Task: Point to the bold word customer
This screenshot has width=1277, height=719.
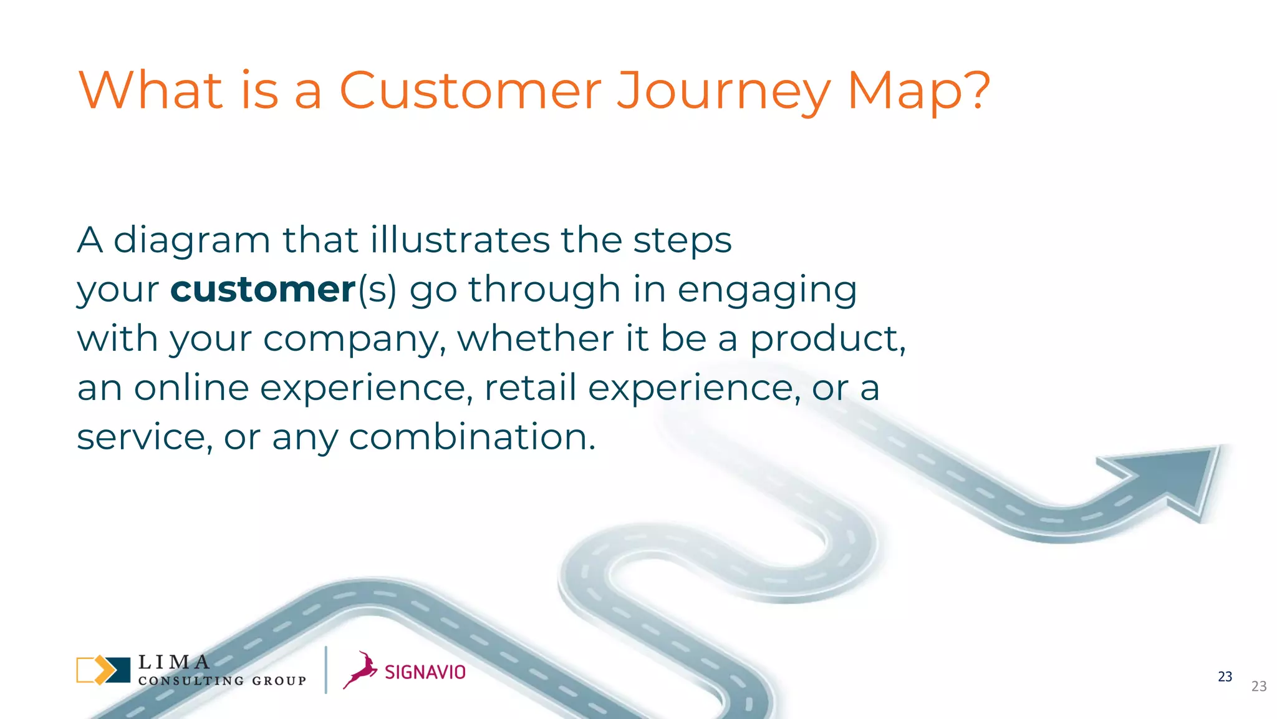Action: point(263,290)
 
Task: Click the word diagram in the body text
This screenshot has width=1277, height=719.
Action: point(192,241)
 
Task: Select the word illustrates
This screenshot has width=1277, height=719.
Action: point(459,240)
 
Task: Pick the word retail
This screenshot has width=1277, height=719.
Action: point(530,388)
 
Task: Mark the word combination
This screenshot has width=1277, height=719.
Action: point(472,436)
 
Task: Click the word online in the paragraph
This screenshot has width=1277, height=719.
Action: point(191,388)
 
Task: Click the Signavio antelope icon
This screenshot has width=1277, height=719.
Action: point(360,670)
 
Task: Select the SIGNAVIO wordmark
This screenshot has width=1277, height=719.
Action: point(425,672)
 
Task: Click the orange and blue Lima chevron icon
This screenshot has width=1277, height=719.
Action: point(103,670)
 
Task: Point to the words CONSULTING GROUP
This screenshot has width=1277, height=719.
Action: point(222,681)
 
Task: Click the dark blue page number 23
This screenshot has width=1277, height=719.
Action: point(1225,677)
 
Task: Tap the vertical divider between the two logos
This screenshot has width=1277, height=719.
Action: point(325,670)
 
